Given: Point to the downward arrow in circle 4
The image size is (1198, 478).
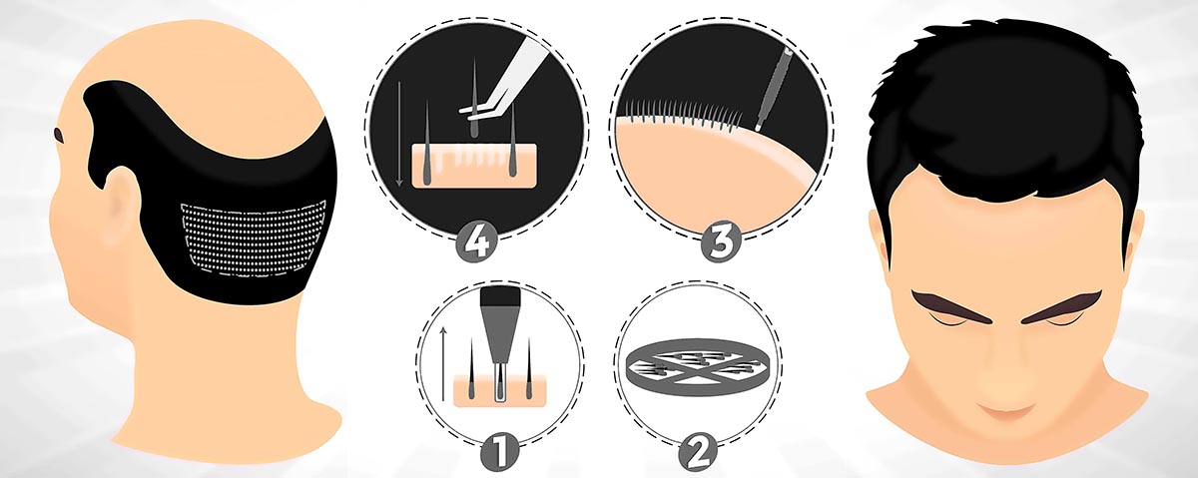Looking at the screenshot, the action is click(x=399, y=134).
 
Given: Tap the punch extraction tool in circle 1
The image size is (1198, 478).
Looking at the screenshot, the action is click(x=500, y=342).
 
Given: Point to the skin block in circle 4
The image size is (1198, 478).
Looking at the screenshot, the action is click(x=474, y=166).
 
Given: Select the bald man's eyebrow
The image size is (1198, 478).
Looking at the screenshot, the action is click(x=59, y=136).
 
